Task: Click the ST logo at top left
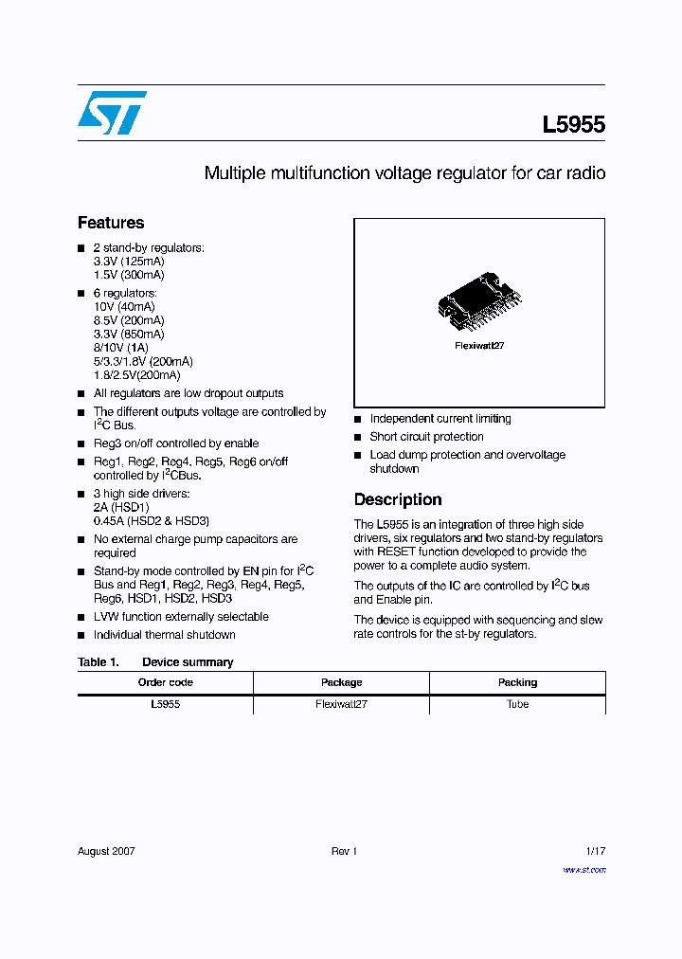tap(112, 113)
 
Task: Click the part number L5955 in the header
tap(573, 125)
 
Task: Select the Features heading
tap(111, 223)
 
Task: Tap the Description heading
tap(398, 499)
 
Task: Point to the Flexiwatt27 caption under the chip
tap(479, 346)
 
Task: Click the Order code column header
tap(166, 682)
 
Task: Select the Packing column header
tap(517, 682)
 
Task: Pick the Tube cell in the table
tap(517, 704)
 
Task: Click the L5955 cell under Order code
tap(166, 704)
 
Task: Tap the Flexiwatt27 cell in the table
tap(342, 704)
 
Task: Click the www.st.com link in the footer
tap(583, 870)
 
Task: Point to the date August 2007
tap(106, 851)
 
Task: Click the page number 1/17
tap(594, 851)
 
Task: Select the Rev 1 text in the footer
tap(344, 851)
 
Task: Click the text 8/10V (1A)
tap(121, 348)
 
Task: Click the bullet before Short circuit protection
tap(358, 438)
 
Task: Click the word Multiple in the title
tap(235, 173)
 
